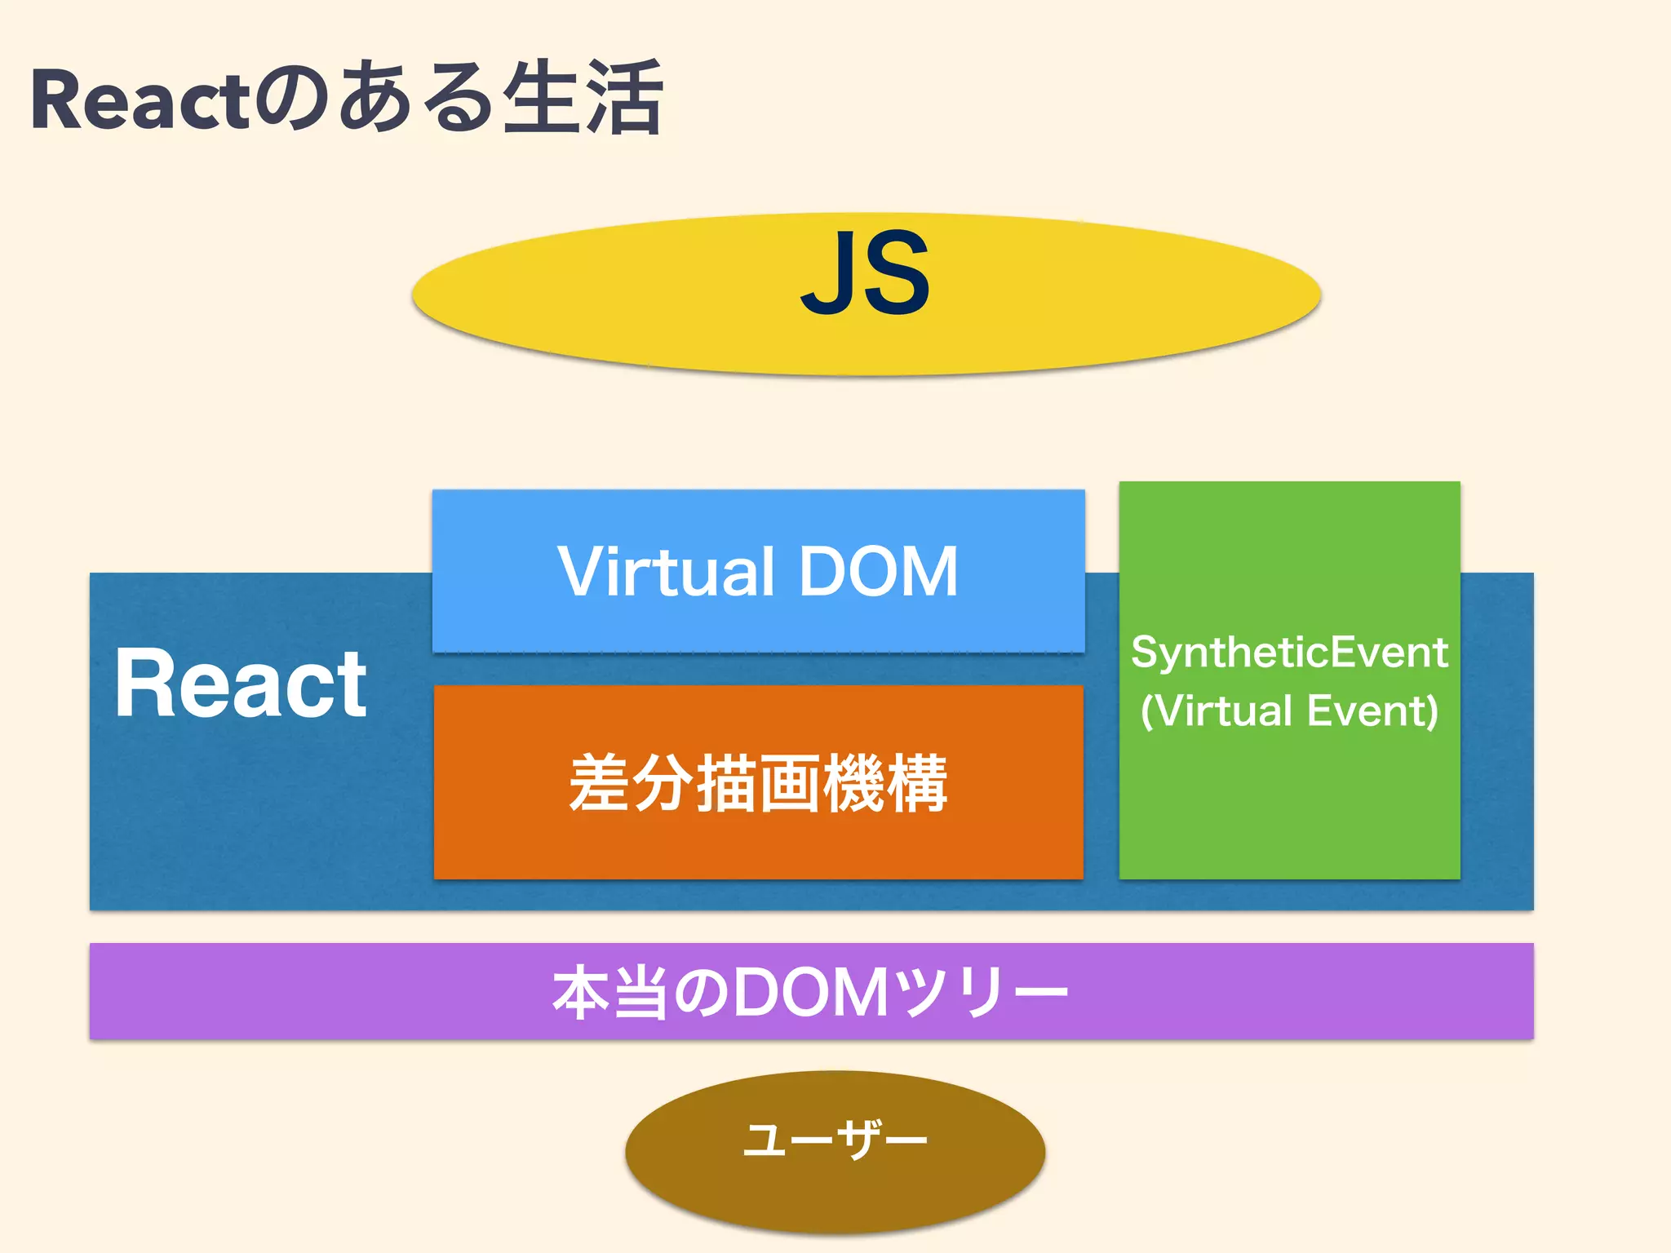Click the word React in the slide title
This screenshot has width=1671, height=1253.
tap(139, 100)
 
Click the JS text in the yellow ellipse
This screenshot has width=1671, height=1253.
tap(865, 274)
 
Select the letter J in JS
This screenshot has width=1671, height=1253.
tap(827, 274)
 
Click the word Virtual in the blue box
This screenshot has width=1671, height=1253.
tap(665, 572)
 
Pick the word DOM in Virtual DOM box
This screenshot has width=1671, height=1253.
tap(878, 572)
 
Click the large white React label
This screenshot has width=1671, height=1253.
tap(241, 684)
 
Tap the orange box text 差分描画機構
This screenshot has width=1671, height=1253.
tap(758, 783)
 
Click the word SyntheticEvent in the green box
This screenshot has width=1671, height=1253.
tap(1289, 653)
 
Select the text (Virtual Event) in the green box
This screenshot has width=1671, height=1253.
tap(1289, 711)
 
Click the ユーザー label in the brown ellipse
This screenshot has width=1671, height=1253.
tap(835, 1140)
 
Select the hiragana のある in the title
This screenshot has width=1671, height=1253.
tap(371, 100)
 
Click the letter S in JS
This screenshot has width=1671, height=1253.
tap(896, 274)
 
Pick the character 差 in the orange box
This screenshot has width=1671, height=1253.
tap(600, 783)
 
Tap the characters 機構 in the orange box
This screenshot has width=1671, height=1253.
tap(885, 783)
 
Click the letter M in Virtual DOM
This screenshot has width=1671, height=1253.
tap(927, 572)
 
